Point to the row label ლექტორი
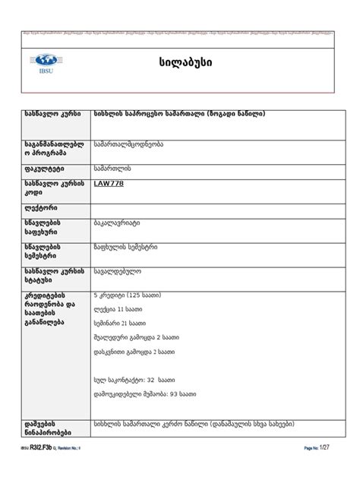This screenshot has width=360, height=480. click(x=40, y=207)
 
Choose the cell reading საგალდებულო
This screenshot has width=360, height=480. click(x=117, y=270)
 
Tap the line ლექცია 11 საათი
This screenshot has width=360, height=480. click(x=118, y=309)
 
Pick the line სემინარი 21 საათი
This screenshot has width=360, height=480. click(x=122, y=323)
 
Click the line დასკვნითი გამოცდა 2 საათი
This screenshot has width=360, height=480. click(x=135, y=352)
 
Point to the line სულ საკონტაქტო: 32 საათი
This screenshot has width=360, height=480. click(x=135, y=379)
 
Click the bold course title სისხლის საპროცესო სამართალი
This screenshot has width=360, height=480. click(x=179, y=114)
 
